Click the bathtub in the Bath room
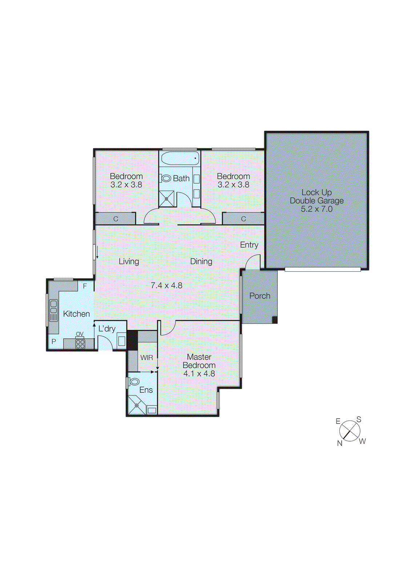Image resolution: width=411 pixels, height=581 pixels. pyautogui.click(x=180, y=158)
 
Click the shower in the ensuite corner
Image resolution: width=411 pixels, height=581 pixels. pyautogui.click(x=136, y=406)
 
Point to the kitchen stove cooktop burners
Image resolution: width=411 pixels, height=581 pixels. pyautogui.click(x=80, y=344)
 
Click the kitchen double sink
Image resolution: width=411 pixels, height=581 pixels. pyautogui.click(x=53, y=310)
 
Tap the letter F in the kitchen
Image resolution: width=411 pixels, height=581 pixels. pyautogui.click(x=85, y=286)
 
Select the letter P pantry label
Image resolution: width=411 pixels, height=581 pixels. pyautogui.click(x=53, y=342)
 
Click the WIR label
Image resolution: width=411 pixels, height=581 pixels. pyautogui.click(x=146, y=358)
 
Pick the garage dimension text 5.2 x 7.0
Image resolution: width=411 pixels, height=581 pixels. pyautogui.click(x=317, y=209)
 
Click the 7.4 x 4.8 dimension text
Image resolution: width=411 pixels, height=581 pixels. pyautogui.click(x=166, y=286)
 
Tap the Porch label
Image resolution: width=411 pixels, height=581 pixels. pyautogui.click(x=259, y=296)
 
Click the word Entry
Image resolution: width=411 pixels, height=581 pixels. pyautogui.click(x=249, y=245)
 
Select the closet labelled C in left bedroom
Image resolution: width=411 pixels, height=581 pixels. pyautogui.click(x=116, y=219)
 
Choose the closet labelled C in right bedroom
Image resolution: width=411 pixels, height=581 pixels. pyautogui.click(x=243, y=219)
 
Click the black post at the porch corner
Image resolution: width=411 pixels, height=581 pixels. pyautogui.click(x=275, y=320)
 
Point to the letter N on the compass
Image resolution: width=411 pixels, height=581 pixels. pyautogui.click(x=340, y=443)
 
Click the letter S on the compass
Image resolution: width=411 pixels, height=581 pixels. pyautogui.click(x=359, y=420)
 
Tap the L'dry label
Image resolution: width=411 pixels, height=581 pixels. pyautogui.click(x=107, y=329)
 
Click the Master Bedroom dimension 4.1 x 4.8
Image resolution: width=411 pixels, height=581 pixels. pyautogui.click(x=199, y=374)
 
